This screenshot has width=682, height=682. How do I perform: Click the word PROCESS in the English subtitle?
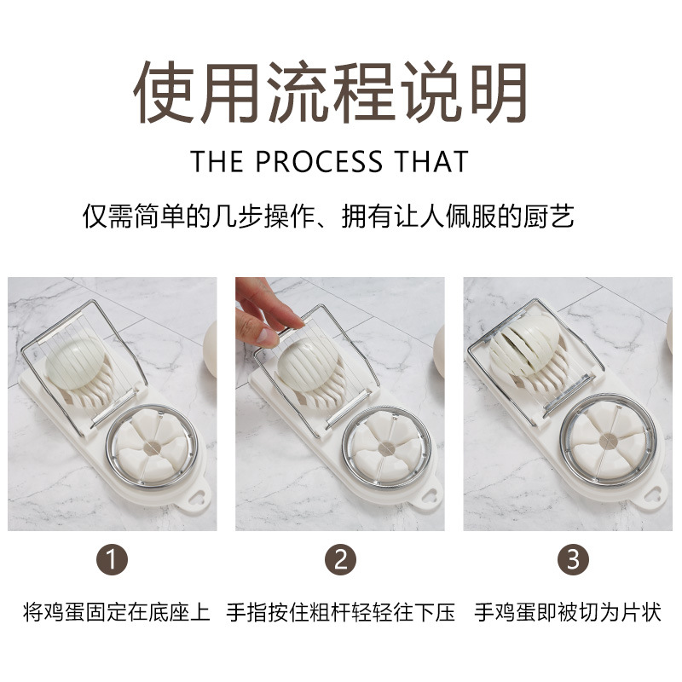tap(321, 162)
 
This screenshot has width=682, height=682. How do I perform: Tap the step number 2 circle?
tap(340, 560)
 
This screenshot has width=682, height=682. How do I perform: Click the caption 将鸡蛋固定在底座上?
tap(116, 612)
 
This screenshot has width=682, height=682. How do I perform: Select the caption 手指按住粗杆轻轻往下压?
tap(341, 612)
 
